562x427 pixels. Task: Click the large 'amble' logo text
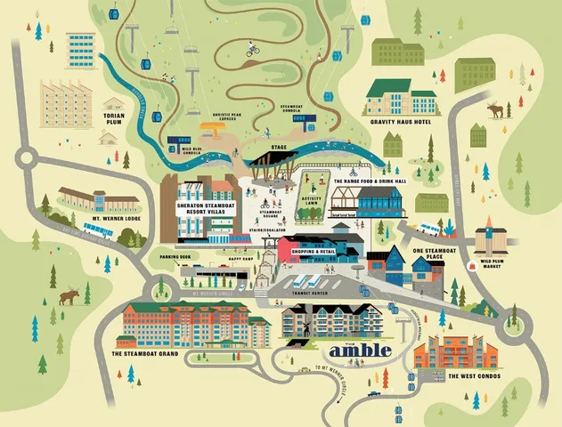(360, 350)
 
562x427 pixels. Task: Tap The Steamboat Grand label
(145, 354)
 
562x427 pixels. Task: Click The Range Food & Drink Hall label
(369, 181)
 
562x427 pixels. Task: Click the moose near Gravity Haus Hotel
(494, 111)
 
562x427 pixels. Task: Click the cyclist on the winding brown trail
(254, 50)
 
